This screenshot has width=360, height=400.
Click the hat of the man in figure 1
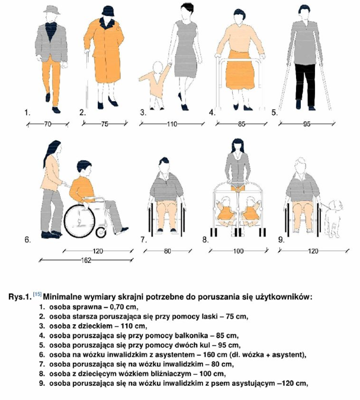[52, 9]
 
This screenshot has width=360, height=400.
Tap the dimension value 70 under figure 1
[48, 124]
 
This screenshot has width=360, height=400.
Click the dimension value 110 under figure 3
[172, 124]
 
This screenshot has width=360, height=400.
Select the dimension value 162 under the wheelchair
[86, 260]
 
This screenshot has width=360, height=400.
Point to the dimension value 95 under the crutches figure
[307, 124]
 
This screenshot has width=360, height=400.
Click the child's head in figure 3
[157, 67]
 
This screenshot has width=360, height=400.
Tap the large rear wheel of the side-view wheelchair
[79, 221]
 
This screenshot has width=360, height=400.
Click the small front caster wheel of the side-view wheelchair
[101, 233]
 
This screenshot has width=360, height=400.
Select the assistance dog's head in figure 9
[336, 205]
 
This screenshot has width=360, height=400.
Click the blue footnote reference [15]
[37, 294]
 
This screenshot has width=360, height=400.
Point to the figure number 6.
[27, 240]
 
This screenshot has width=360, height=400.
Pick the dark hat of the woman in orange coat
[108, 11]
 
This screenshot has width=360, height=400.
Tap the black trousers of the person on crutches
[305, 83]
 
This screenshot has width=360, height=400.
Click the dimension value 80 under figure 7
[167, 251]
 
